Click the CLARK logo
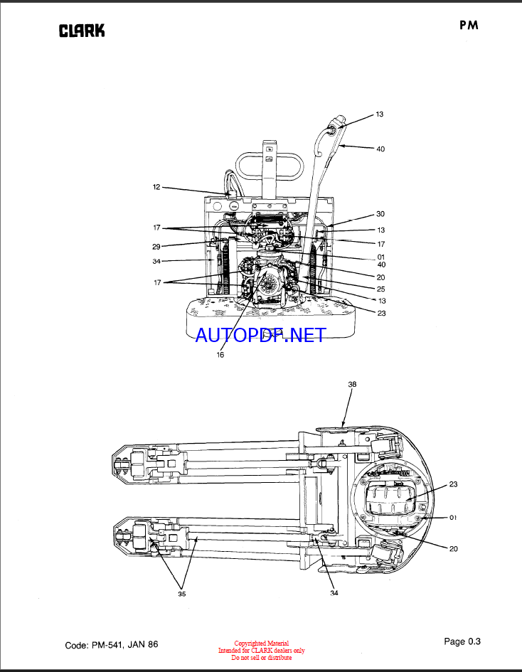pyautogui.click(x=81, y=31)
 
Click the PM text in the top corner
pyautogui.click(x=469, y=26)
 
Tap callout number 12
pyautogui.click(x=156, y=187)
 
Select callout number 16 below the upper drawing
pyautogui.click(x=220, y=355)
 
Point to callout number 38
pyautogui.click(x=352, y=385)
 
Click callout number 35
pyautogui.click(x=182, y=594)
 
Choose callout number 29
pyautogui.click(x=156, y=247)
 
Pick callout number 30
pyautogui.click(x=380, y=214)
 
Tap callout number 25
pyautogui.click(x=380, y=289)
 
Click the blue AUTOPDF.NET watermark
pyautogui.click(x=260, y=335)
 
